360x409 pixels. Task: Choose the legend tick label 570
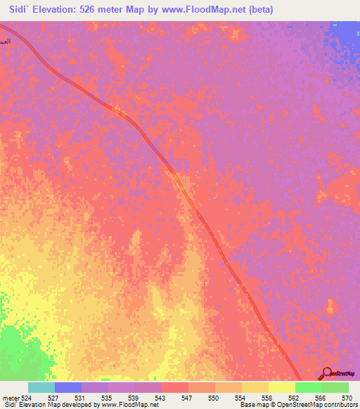pyautogui.click(x=346, y=398)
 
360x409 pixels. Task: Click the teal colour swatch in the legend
pyautogui.click(x=41, y=387)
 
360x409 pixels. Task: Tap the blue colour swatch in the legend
pyautogui.click(x=68, y=387)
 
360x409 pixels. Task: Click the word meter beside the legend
pyautogui.click(x=11, y=398)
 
